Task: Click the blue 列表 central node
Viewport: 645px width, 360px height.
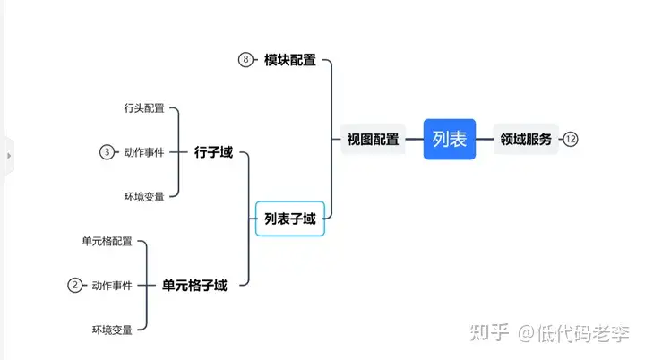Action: pos(450,139)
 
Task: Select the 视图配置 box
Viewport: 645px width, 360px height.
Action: pos(374,140)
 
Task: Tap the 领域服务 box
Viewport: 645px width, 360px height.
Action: pos(526,139)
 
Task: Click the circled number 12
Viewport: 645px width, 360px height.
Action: pos(571,139)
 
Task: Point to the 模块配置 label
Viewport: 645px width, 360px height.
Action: pos(290,60)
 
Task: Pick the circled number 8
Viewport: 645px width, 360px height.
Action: pos(245,60)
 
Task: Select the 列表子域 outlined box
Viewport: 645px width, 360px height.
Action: pos(290,219)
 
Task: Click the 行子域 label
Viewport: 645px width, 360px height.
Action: pos(213,152)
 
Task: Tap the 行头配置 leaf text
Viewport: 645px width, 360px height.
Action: pos(144,108)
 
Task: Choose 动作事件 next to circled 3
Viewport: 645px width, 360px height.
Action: pos(144,152)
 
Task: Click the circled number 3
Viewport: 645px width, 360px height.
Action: pos(107,152)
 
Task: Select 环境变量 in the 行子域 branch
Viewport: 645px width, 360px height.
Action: pos(144,196)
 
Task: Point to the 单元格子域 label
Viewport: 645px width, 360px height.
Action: pos(194,286)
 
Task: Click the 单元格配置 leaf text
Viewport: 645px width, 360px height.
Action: pos(107,241)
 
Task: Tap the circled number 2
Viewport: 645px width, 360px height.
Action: pos(75,286)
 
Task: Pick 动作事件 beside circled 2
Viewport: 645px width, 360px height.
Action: pos(112,286)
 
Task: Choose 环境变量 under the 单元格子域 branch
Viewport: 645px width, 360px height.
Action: pos(112,330)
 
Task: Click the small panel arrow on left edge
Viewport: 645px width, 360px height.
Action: pos(9,156)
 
